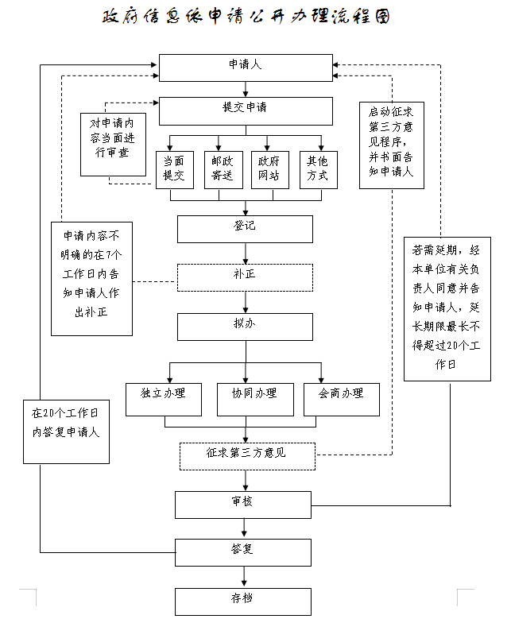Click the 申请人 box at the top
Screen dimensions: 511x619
(x=246, y=68)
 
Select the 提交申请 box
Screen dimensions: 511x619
(x=246, y=111)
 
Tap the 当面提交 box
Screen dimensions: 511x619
(x=175, y=170)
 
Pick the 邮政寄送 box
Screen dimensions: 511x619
(x=223, y=170)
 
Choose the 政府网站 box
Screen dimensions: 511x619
(x=270, y=170)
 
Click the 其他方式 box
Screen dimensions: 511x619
(x=319, y=170)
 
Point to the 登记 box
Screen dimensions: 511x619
(x=245, y=229)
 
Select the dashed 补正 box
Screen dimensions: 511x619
(x=245, y=277)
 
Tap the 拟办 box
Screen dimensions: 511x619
(x=245, y=327)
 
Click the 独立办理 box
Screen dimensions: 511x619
(x=164, y=400)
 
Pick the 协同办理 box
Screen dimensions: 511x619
(x=255, y=400)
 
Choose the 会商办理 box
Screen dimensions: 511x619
(x=342, y=400)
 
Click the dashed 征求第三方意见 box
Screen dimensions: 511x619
(x=247, y=456)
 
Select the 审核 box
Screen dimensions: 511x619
(x=243, y=505)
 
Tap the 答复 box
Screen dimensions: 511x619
(x=243, y=553)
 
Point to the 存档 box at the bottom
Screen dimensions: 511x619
(x=243, y=602)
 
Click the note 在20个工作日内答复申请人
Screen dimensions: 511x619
(x=66, y=432)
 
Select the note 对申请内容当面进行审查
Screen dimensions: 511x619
(x=113, y=145)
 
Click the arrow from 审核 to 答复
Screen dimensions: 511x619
(x=244, y=528)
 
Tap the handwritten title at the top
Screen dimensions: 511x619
(x=246, y=17)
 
